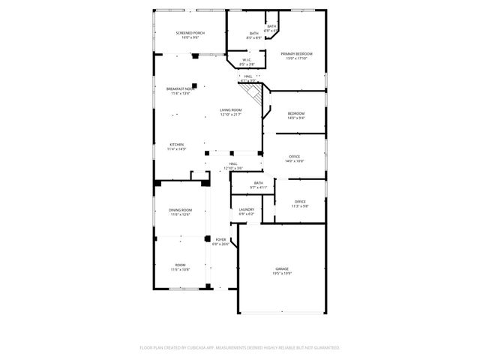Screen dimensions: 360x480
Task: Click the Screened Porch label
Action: (190, 33)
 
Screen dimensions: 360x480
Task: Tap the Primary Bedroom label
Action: (297, 54)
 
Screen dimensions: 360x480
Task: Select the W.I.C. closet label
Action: (246, 60)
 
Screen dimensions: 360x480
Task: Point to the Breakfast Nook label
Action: (180, 88)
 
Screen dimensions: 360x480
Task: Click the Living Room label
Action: (231, 110)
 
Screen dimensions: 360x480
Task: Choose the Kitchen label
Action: (177, 145)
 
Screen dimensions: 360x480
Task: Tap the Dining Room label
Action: (180, 210)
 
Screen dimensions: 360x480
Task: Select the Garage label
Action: (282, 268)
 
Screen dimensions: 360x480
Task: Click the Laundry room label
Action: (247, 209)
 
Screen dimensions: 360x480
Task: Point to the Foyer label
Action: (220, 239)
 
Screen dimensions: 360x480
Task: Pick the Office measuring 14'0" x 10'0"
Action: (294, 156)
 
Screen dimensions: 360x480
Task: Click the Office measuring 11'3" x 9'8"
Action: (300, 202)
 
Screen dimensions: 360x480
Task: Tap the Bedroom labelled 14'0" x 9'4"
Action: (296, 113)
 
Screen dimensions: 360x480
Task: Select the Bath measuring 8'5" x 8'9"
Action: (253, 33)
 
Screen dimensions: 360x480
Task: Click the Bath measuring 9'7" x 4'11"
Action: (259, 183)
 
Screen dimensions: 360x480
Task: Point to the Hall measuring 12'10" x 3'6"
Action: (233, 163)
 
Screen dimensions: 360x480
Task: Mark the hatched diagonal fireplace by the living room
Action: (259, 95)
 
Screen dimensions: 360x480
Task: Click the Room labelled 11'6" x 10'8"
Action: (180, 265)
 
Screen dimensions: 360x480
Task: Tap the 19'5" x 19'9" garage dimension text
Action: (282, 274)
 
